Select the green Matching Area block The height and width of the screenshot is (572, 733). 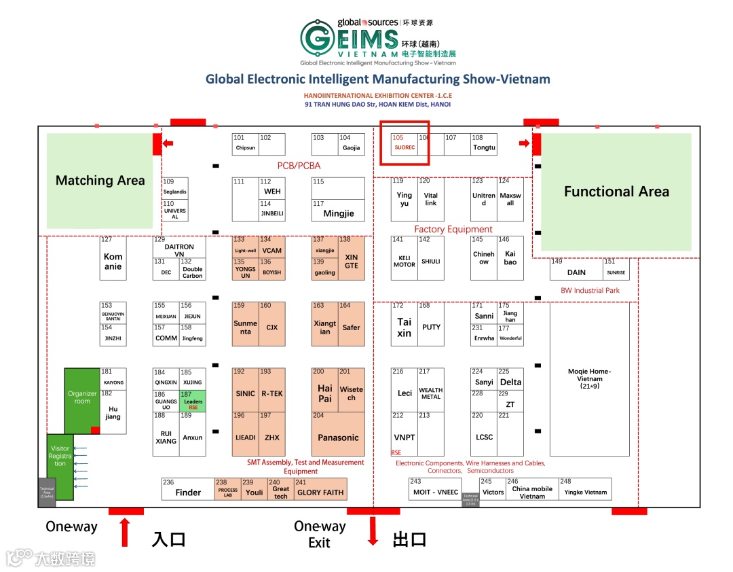(x=100, y=181)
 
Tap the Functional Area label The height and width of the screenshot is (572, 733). (x=616, y=192)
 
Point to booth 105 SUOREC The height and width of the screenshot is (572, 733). (x=405, y=143)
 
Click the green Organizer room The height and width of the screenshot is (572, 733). (x=82, y=397)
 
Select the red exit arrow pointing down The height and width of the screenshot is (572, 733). (x=373, y=531)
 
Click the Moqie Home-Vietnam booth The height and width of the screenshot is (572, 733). (x=589, y=378)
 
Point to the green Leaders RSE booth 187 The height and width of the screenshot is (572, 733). (x=193, y=401)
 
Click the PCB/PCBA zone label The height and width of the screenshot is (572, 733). (x=299, y=166)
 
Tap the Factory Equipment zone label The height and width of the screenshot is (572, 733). (x=453, y=230)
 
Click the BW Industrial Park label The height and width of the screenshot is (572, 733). (x=590, y=291)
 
